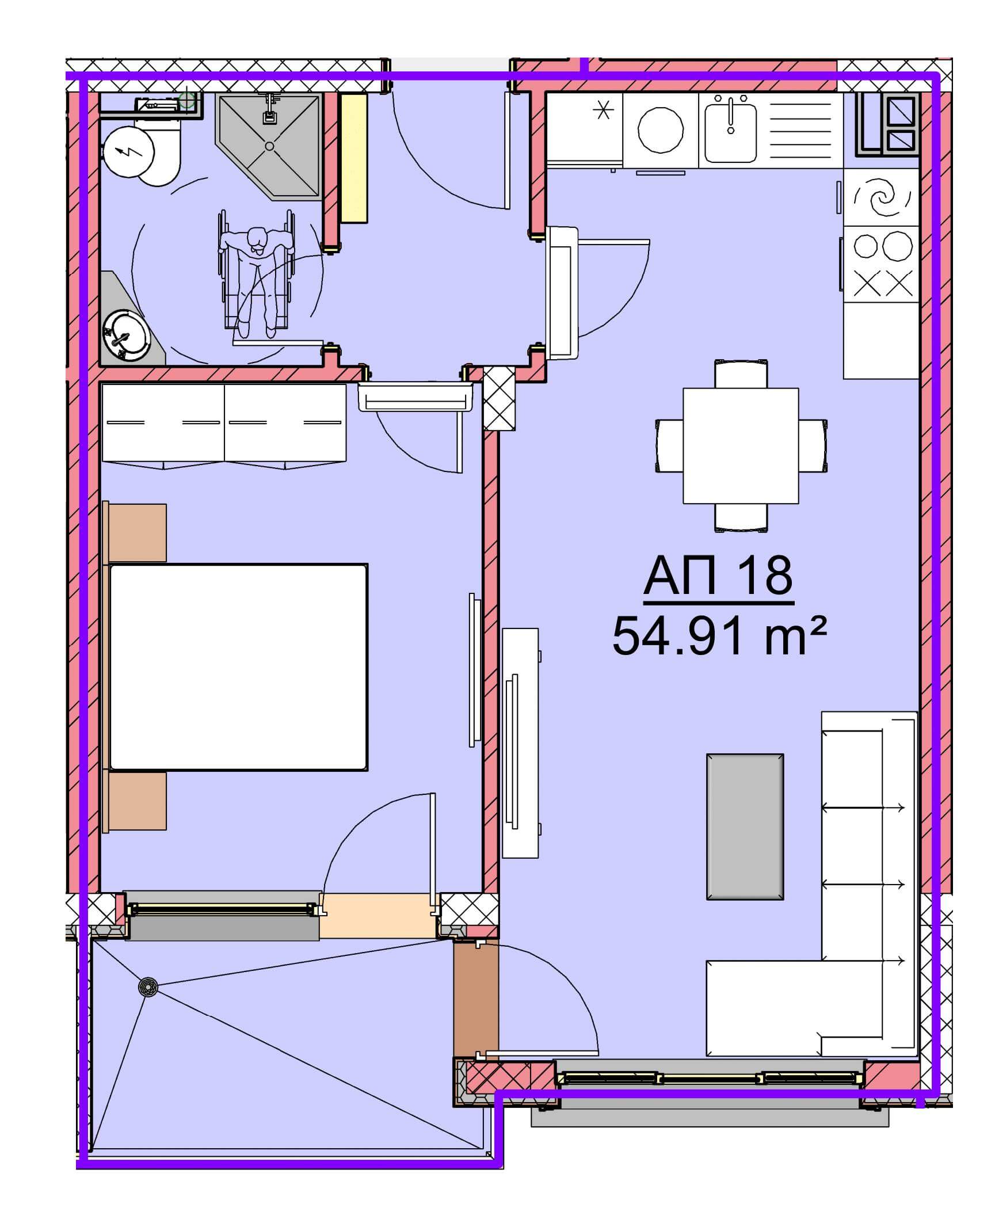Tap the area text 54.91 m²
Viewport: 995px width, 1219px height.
click(719, 635)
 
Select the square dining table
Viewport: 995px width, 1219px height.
click(741, 445)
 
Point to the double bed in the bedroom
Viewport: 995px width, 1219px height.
click(238, 667)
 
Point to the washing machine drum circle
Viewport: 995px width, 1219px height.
click(661, 131)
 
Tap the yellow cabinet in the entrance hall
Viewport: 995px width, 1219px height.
click(354, 158)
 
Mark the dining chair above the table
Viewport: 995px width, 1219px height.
click(741, 373)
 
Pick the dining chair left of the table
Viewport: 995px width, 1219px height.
click(669, 445)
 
